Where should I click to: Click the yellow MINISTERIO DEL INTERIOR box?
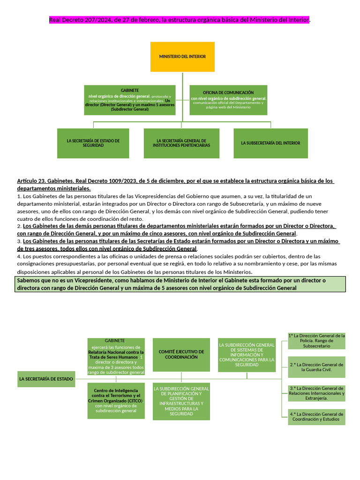pos(182,57)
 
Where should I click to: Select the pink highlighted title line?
pos(180,20)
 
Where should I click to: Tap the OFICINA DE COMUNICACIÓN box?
pos(228,100)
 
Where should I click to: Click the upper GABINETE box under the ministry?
pos(130,100)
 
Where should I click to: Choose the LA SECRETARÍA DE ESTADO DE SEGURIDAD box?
pos(93,143)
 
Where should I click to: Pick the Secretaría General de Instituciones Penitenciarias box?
pos(181,143)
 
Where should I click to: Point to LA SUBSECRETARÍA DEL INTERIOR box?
pos(270,143)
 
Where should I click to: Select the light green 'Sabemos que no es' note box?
pos(181,284)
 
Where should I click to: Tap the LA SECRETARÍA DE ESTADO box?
pos(46,379)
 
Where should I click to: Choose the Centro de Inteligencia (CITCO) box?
pos(116,400)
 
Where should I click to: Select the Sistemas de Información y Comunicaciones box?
pos(247,355)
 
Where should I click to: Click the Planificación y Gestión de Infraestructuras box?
pos(181,401)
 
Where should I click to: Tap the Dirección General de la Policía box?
pos(317,341)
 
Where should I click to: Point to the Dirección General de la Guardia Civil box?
pos(317,367)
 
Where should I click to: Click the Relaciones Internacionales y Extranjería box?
pos(317,393)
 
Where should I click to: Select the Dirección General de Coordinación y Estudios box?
pos(317,417)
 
